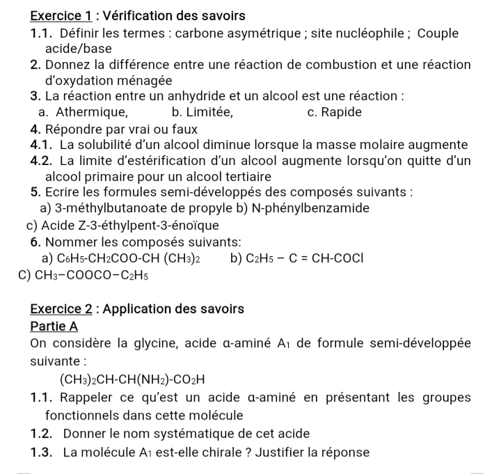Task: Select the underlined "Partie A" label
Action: click(54, 326)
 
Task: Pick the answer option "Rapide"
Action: click(342, 112)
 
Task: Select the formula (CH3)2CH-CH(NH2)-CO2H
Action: click(133, 380)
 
